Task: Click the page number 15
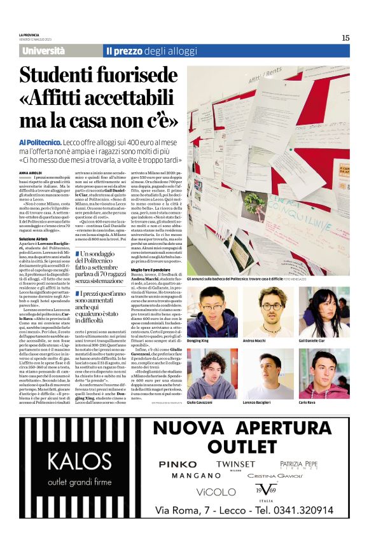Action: tap(345, 38)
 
